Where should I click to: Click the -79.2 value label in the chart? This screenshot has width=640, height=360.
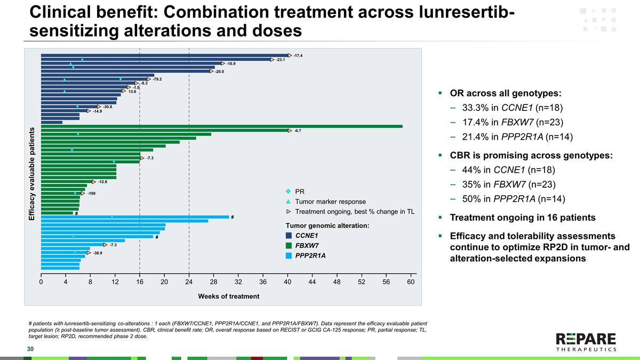(x=157, y=79)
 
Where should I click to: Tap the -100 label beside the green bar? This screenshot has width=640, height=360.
(x=91, y=193)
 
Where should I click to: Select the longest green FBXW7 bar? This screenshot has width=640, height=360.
(x=221, y=126)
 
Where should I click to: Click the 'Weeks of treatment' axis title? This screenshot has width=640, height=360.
(x=229, y=296)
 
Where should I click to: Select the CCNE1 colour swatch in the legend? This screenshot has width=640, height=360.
(x=289, y=235)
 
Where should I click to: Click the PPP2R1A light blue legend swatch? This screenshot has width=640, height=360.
(x=289, y=255)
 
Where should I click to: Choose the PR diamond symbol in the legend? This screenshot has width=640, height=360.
(x=289, y=191)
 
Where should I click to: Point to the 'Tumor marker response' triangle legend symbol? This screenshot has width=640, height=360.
(x=289, y=202)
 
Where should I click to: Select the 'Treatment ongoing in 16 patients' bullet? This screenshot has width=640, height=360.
(x=523, y=218)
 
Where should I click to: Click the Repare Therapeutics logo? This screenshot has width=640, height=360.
(x=586, y=342)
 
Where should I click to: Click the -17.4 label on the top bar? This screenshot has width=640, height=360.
(x=298, y=55)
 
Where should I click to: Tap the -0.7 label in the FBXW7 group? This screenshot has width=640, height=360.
(x=298, y=130)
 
